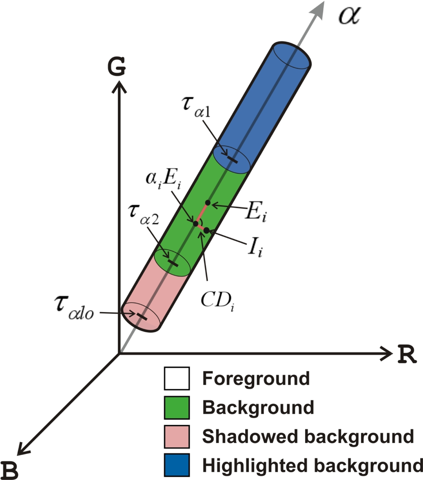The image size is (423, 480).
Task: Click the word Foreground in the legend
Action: click(256, 379)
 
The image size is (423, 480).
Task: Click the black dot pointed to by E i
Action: click(208, 202)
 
